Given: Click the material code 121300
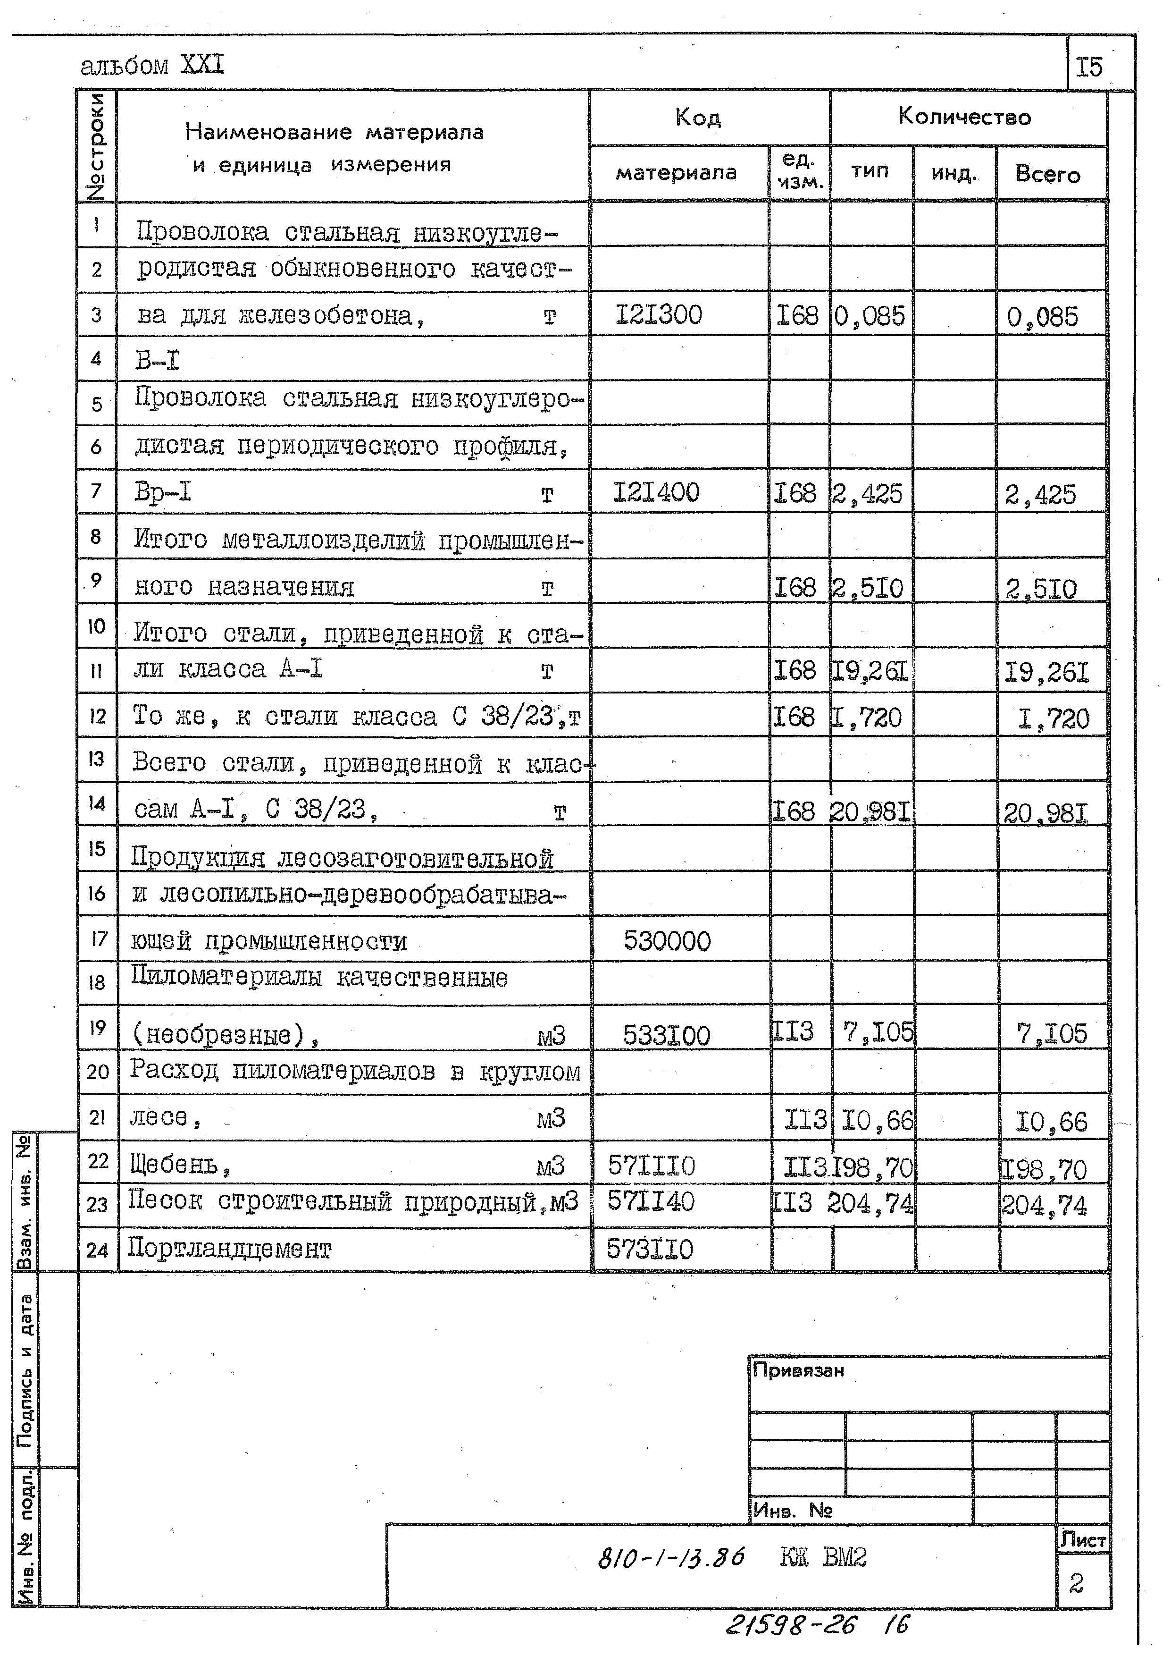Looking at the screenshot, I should point(658,315).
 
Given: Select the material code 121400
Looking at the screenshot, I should point(656,493).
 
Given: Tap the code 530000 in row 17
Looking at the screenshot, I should point(667,941).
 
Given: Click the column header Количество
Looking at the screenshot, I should point(964,117).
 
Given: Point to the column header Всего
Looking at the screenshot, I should point(1048,175).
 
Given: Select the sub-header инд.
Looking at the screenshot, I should point(954,174).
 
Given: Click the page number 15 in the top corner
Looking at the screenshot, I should point(1089,67).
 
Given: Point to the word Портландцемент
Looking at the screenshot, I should point(229,1249).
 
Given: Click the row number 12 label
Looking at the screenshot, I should point(97,716).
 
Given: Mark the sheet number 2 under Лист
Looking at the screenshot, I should point(1076,1584).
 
